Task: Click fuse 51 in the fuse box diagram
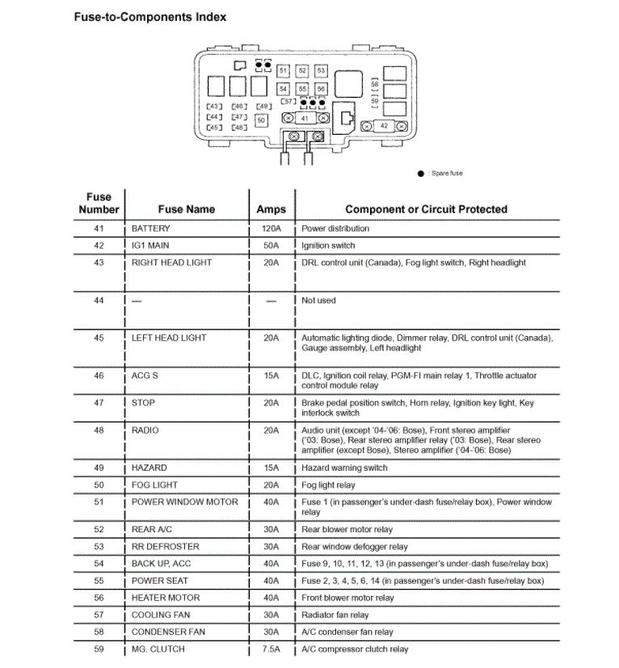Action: point(283,71)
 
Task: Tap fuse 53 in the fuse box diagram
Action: point(321,71)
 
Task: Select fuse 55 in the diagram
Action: point(302,88)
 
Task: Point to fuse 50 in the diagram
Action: point(261,120)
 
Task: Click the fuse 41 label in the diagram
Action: point(304,118)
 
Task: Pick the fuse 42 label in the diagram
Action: point(384,126)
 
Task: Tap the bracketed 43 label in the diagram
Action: point(214,106)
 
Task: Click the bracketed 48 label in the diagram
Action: point(239,128)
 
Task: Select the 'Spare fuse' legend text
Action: point(446,174)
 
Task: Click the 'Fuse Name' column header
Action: point(186,209)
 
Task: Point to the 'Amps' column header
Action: point(271,209)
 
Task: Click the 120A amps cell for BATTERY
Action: point(271,229)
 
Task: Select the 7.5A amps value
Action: point(271,649)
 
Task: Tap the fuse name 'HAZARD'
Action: point(149,468)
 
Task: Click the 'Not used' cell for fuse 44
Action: point(318,300)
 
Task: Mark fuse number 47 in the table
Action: point(99,402)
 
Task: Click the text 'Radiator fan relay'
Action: point(335,615)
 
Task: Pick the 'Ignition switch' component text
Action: point(328,246)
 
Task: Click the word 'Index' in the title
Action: point(210,16)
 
